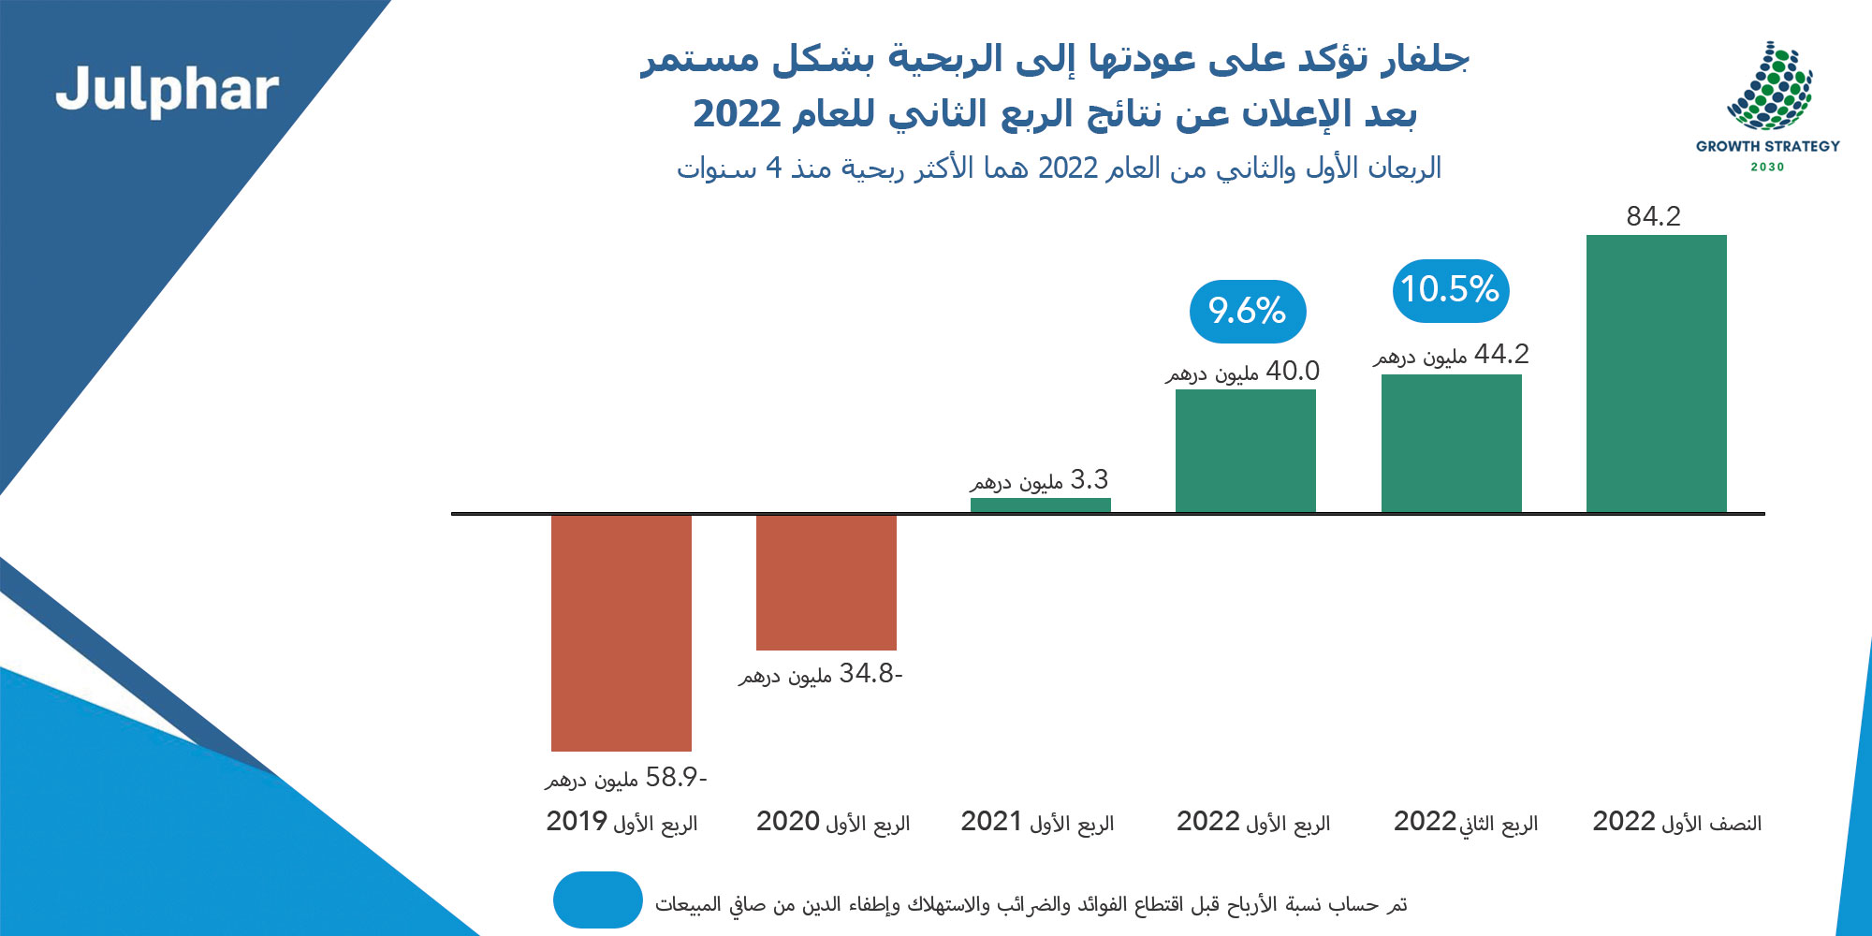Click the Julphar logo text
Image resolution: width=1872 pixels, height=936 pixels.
167,91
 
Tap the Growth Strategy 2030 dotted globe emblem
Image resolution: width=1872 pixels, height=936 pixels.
1769,87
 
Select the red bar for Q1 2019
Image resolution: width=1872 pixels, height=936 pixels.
622,632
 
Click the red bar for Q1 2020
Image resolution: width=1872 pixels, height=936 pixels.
826,581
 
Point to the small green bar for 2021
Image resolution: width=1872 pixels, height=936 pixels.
1040,505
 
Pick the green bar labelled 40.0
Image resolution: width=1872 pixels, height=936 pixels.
1245,450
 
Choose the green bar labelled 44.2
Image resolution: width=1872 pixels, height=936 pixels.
1451,443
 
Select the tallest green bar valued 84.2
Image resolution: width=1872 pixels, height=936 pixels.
1656,373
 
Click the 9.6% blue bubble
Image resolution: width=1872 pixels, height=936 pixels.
1247,311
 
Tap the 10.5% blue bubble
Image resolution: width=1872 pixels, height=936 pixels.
1451,290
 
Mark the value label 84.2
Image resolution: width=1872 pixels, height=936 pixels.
1653,216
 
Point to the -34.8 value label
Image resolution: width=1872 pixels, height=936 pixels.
821,674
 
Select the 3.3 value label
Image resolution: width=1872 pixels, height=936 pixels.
1039,481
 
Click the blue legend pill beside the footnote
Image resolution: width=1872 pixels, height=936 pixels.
597,899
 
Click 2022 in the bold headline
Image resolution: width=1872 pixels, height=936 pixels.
737,114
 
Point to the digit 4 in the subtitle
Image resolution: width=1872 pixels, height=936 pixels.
773,168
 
